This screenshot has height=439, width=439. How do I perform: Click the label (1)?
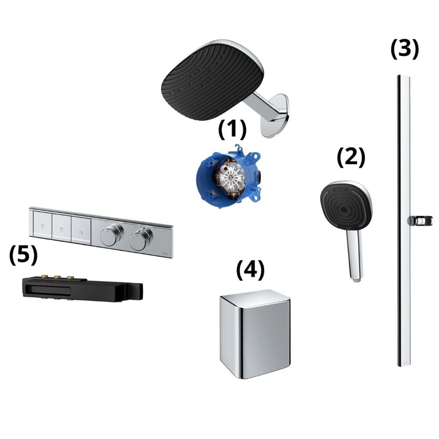[x=232, y=130]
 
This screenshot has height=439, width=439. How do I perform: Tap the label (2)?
[x=351, y=158]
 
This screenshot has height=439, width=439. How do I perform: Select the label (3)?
[x=404, y=49]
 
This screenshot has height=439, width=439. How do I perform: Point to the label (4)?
[x=250, y=270]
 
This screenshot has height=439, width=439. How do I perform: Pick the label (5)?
[x=23, y=255]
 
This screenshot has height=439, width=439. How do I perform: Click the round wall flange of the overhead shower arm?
[x=275, y=115]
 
